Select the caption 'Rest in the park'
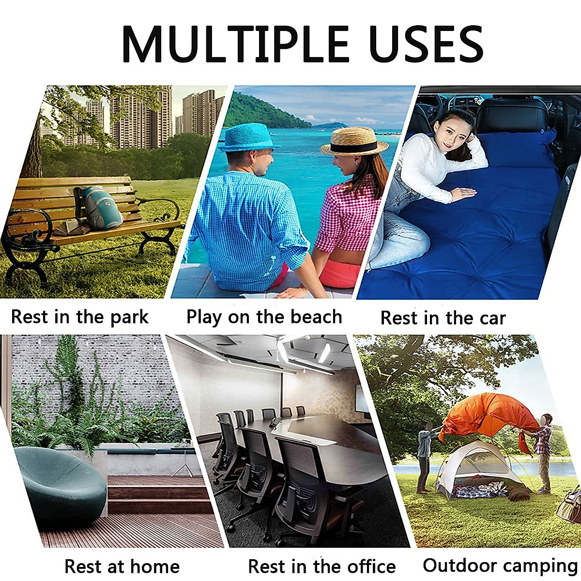(x=80, y=317)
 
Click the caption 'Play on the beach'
(x=264, y=317)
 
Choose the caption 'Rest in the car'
(x=443, y=318)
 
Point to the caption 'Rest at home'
(x=122, y=566)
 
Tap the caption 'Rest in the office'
(x=321, y=566)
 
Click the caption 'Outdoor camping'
(x=500, y=565)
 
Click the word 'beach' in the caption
(x=317, y=317)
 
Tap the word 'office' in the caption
(x=368, y=566)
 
